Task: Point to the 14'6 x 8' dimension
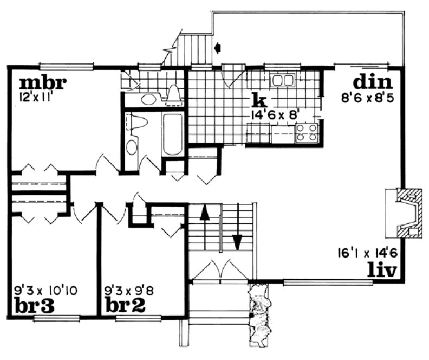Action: [275, 115]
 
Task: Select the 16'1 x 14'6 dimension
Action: [367, 253]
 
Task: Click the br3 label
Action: [34, 306]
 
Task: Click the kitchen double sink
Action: [283, 81]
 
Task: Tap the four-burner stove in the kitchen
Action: [307, 132]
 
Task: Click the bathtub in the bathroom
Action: [173, 134]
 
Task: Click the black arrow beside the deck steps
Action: [218, 48]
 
